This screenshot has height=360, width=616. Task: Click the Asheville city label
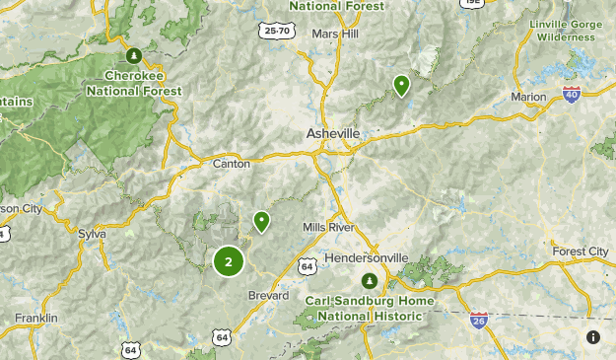point(334,133)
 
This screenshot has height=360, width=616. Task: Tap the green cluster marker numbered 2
point(229,261)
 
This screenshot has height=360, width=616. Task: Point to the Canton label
point(232,164)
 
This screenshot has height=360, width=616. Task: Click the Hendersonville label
point(366,257)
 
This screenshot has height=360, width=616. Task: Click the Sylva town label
point(91,234)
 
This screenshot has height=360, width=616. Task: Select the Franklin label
point(36,318)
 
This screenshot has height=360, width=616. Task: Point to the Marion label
point(529,97)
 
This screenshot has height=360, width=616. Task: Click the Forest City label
point(581,252)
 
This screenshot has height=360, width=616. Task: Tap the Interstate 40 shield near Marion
point(572,94)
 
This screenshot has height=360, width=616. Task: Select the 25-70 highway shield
point(278,32)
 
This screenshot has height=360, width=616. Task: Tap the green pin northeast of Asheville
point(401,85)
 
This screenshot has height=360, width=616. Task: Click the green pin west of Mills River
point(261,221)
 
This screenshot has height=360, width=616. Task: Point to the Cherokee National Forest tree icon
point(135,53)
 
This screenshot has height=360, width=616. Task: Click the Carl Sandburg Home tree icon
point(370,281)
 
